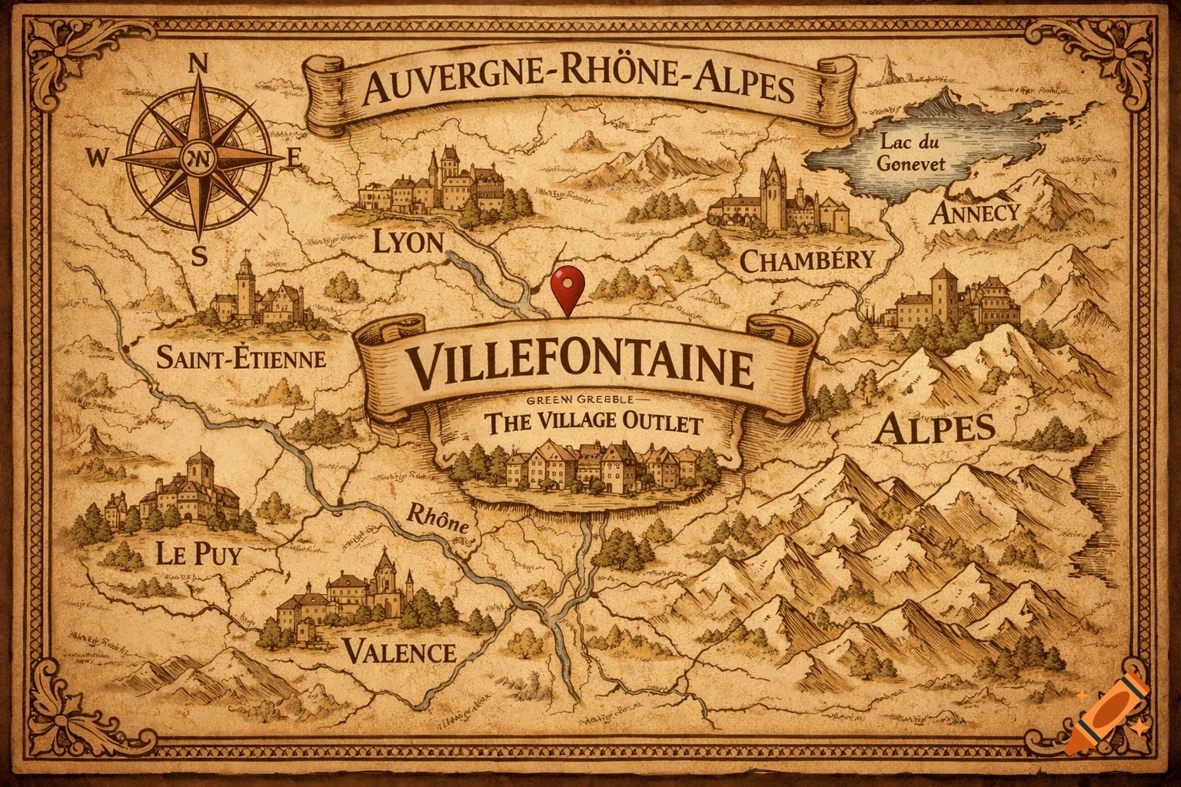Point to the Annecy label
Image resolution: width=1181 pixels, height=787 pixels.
[975, 213]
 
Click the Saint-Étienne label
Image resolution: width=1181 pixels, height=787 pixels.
[241, 357]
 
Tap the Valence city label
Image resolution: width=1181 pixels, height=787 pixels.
[398, 653]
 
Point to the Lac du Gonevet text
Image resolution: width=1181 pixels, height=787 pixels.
[913, 154]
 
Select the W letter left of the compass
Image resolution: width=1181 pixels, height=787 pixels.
[98, 158]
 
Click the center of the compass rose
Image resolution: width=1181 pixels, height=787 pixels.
[199, 158]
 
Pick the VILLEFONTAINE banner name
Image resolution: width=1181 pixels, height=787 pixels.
[581, 367]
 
